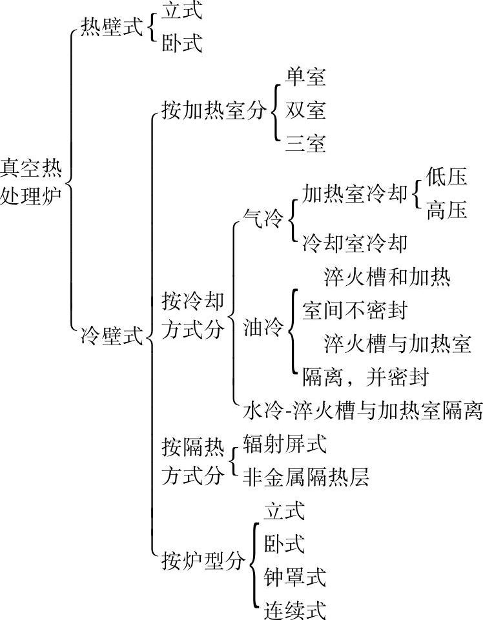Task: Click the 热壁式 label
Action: (x=111, y=28)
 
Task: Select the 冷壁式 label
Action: (x=111, y=335)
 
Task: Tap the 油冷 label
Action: (x=263, y=328)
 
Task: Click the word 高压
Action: (x=446, y=210)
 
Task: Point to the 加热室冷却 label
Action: (x=355, y=194)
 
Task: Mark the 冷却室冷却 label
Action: (x=355, y=243)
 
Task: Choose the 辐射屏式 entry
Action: (x=285, y=444)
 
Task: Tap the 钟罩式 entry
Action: (x=294, y=576)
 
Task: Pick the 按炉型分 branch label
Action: (x=202, y=560)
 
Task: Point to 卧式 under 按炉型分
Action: (x=283, y=543)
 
